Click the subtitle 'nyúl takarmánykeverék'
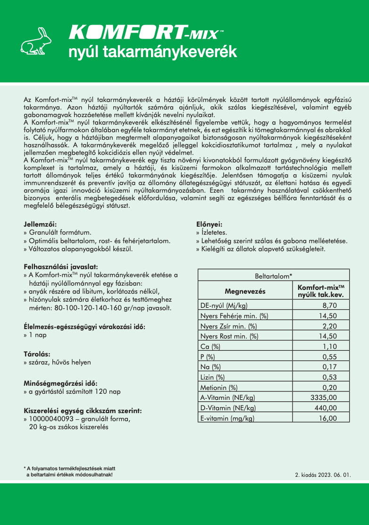[x=152, y=52]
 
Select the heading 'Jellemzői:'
[x=43, y=225]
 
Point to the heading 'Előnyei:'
[x=209, y=225]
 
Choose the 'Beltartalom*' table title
[x=274, y=276]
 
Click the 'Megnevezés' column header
[x=245, y=291]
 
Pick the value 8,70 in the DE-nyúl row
[x=329, y=305]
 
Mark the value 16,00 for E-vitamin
[x=327, y=418]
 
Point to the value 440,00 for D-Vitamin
[x=325, y=408]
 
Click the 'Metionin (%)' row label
[x=219, y=388]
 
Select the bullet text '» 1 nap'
[x=37, y=335]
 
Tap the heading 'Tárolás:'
[x=37, y=354]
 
